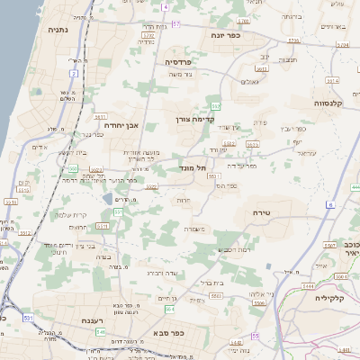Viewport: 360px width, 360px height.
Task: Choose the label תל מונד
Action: point(207,167)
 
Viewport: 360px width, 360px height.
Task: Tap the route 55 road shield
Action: point(255,336)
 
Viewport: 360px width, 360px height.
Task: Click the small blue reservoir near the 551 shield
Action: point(109,198)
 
